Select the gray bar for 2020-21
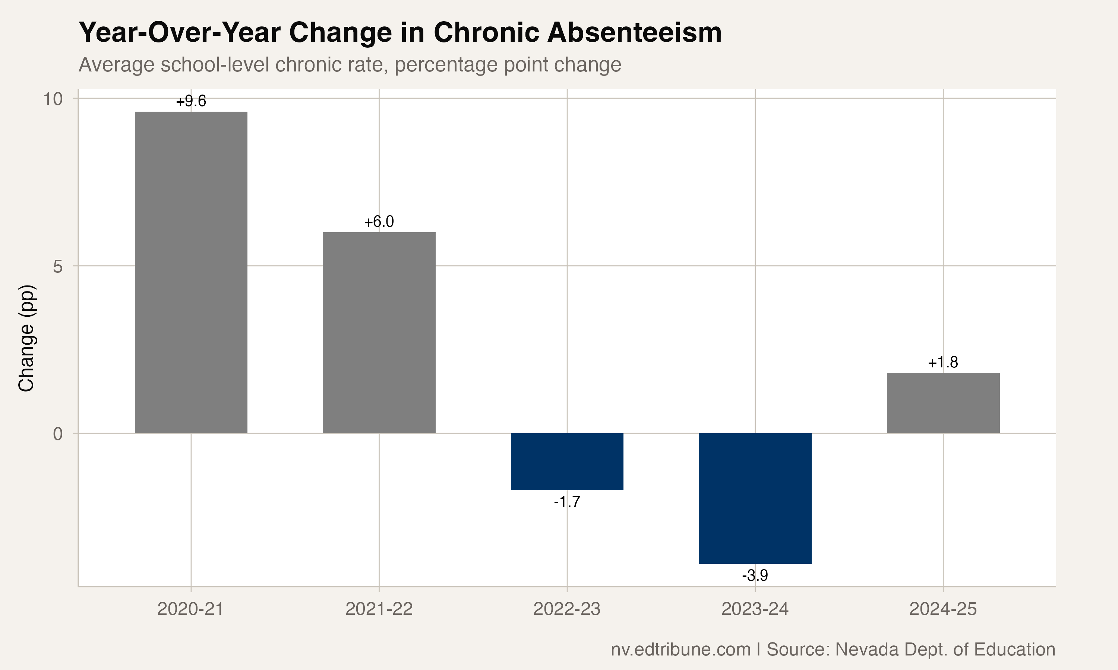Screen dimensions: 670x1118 191,272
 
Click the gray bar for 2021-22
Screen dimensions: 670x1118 379,333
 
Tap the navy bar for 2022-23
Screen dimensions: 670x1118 567,462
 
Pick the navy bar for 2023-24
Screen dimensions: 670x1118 755,498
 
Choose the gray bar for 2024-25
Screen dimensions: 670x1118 943,403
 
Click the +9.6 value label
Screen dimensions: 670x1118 191,101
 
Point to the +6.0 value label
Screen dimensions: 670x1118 379,222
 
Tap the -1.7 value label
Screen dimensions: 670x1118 567,502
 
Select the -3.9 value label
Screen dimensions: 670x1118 755,575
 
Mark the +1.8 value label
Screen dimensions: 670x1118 943,363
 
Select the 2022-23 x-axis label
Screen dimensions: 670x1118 567,609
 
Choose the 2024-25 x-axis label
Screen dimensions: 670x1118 943,609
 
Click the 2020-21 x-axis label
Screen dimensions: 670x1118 191,609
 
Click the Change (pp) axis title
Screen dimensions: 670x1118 26,338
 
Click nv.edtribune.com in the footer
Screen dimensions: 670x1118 680,650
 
